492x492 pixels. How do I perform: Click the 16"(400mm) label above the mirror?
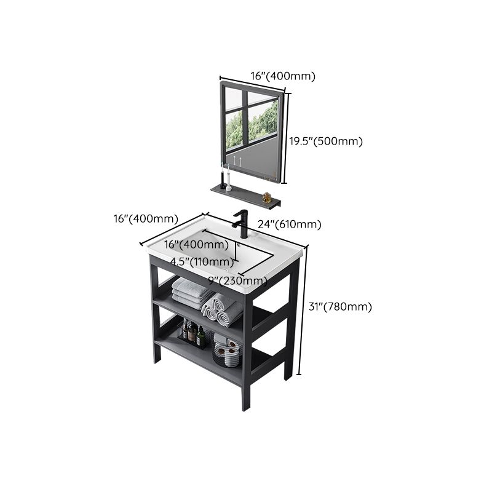(283, 76)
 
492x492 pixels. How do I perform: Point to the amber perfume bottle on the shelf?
(266, 197)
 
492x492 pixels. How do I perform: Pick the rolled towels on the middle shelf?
(223, 309)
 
